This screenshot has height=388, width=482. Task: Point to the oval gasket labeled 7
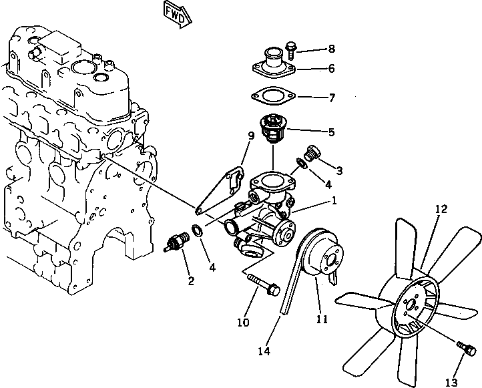pyautogui.click(x=274, y=98)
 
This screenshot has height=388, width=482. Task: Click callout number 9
pyautogui.click(x=250, y=136)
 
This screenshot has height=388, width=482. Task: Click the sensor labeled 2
pyautogui.click(x=176, y=244)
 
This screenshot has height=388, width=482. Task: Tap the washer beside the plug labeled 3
pyautogui.click(x=303, y=163)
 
